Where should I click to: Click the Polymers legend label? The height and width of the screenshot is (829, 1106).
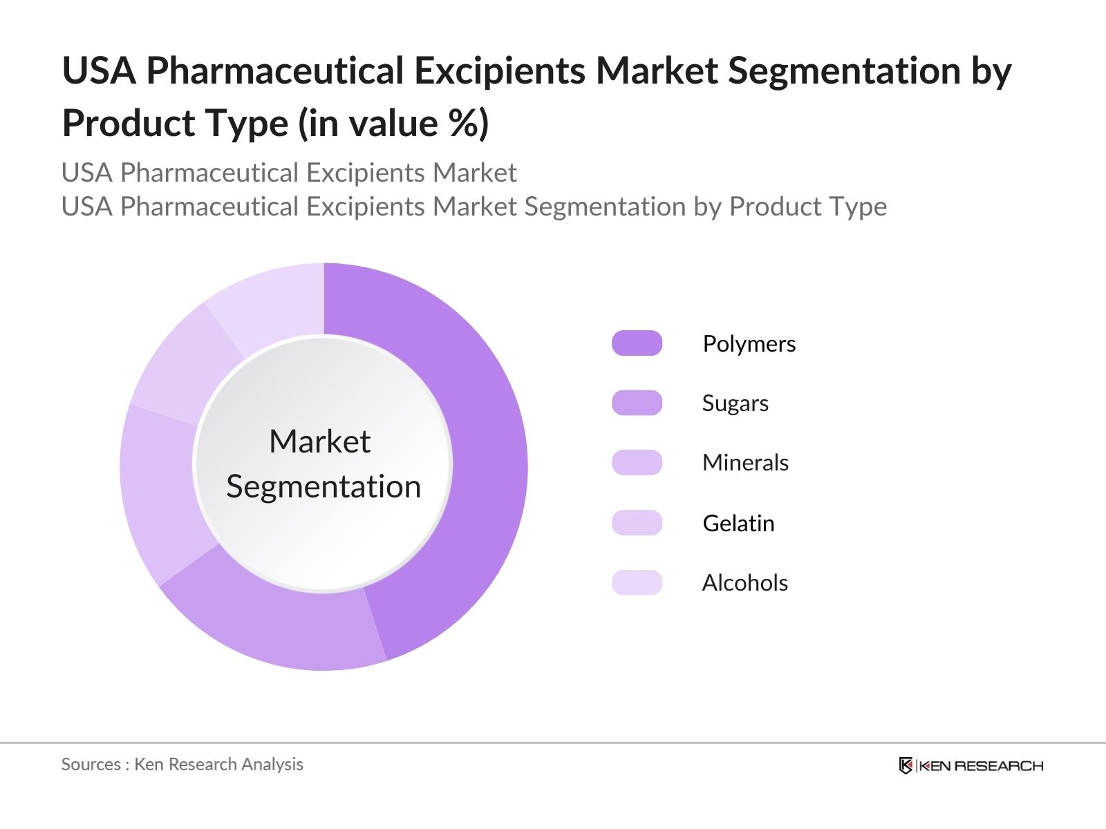[749, 344]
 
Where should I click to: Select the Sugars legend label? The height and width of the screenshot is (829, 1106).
[735, 403]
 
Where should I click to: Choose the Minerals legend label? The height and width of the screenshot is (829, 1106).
[745, 463]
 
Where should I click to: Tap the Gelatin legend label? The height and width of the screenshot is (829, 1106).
[738, 524]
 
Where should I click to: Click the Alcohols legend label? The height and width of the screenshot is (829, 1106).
[744, 583]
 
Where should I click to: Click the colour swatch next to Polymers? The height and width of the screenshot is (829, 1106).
[637, 343]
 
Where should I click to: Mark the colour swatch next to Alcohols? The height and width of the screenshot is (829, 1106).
[637, 582]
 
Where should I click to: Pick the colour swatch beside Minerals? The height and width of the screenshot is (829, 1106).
[637, 463]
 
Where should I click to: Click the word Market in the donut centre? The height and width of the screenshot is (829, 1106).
[319, 442]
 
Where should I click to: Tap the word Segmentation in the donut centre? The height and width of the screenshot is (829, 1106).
[324, 487]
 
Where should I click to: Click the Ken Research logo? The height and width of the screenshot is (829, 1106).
[971, 765]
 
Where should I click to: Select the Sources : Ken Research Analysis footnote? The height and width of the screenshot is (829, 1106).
[182, 764]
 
